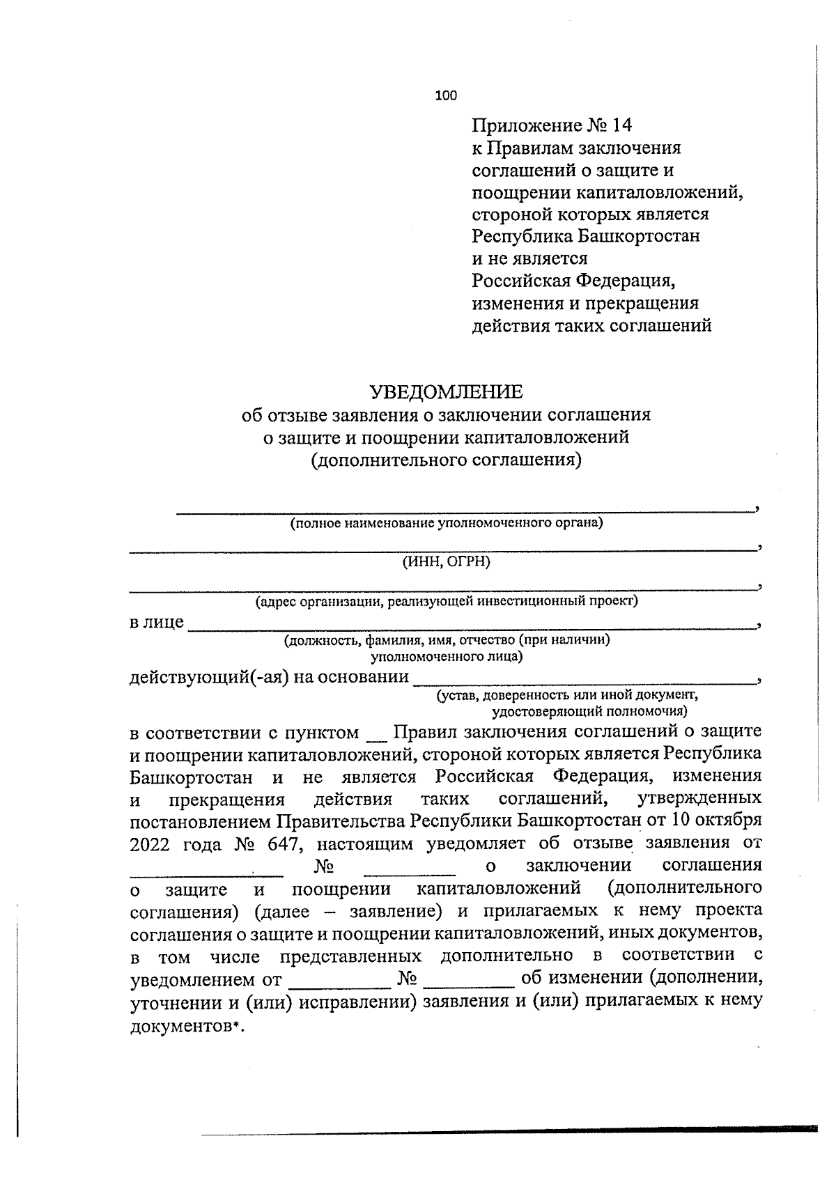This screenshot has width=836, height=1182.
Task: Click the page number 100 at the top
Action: tap(446, 96)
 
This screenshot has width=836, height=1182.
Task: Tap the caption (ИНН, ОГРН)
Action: tap(446, 562)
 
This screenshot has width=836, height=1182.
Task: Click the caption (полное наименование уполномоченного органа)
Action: tap(446, 523)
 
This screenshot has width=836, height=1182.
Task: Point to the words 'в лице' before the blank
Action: tap(157, 622)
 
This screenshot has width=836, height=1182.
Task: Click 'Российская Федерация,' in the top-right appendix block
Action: tap(574, 281)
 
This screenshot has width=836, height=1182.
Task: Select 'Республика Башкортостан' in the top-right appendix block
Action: tap(586, 236)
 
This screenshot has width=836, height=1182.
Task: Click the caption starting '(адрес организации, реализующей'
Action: tap(446, 601)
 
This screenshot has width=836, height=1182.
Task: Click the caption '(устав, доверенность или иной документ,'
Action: tap(567, 695)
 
